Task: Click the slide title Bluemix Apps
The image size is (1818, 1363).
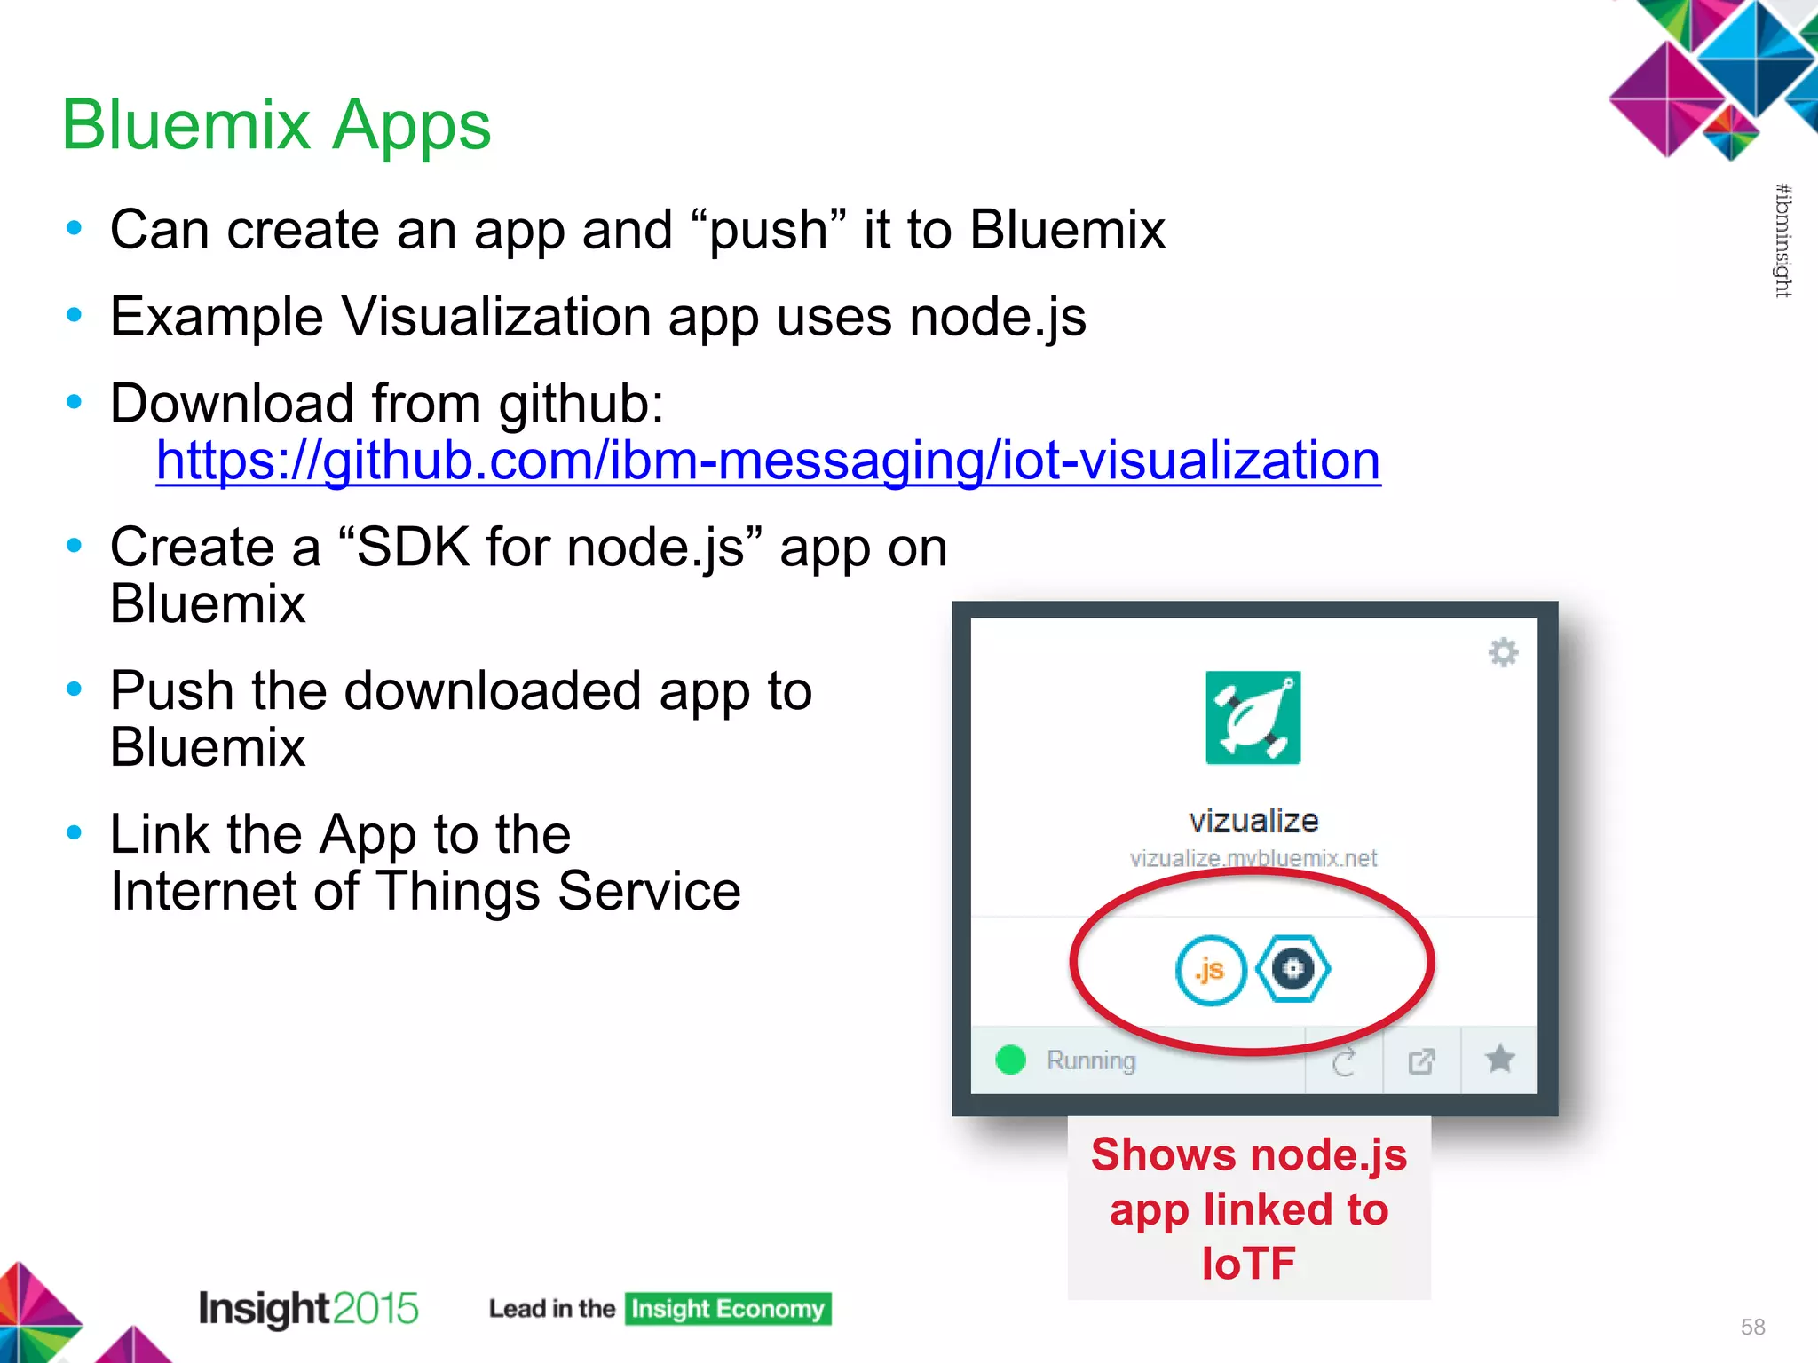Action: click(x=276, y=124)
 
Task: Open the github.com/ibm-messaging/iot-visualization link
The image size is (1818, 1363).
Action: click(x=768, y=461)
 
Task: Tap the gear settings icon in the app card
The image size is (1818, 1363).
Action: click(x=1503, y=652)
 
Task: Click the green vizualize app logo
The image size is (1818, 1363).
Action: click(x=1253, y=718)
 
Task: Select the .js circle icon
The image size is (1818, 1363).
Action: click(x=1210, y=969)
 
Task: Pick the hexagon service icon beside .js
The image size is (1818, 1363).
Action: click(x=1293, y=968)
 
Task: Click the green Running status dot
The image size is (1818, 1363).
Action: click(x=1010, y=1060)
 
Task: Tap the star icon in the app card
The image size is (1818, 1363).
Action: click(x=1499, y=1059)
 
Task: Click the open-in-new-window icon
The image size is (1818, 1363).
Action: click(x=1421, y=1060)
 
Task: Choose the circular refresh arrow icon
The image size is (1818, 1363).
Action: click(x=1344, y=1061)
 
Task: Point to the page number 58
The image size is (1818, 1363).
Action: click(x=1752, y=1327)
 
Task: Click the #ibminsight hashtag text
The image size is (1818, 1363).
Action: click(x=1782, y=240)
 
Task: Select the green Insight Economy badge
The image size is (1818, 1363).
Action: click(x=728, y=1309)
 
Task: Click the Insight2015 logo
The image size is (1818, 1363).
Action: click(x=308, y=1308)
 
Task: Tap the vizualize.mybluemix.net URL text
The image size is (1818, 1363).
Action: click(x=1253, y=858)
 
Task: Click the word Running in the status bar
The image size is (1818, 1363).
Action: click(x=1091, y=1060)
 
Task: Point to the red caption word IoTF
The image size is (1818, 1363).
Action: click(x=1248, y=1263)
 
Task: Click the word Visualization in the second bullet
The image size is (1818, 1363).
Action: click(x=496, y=317)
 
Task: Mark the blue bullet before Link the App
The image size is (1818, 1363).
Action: click(x=75, y=832)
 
